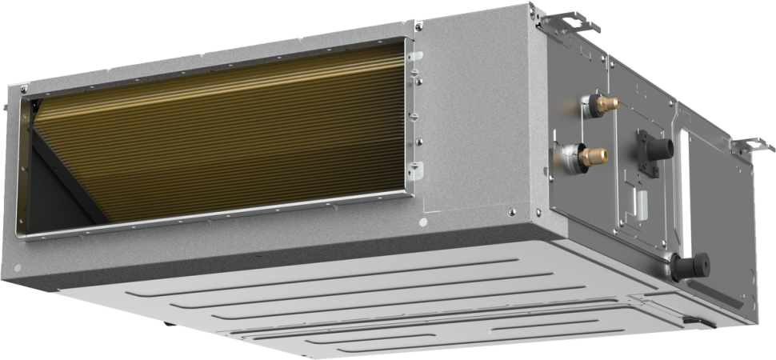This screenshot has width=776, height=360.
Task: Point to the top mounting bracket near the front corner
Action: coord(569,22)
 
